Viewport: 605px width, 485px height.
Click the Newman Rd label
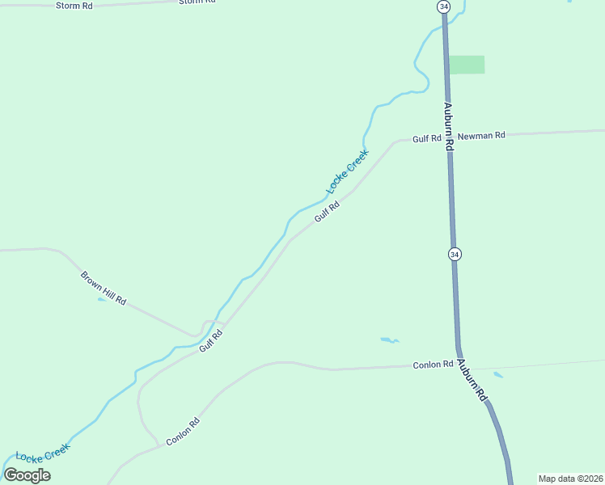[480, 136]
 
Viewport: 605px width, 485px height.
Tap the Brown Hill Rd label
[104, 288]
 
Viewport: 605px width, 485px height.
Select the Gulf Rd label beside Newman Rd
[426, 139]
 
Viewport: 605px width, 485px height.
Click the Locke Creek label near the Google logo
[43, 451]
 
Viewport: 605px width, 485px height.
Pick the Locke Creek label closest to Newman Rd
[347, 171]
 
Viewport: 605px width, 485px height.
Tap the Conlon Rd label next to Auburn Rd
[432, 365]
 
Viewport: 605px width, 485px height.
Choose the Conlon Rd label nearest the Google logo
[183, 432]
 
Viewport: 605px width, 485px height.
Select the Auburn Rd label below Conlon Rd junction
[472, 381]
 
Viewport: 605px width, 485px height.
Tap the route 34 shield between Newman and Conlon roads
[455, 254]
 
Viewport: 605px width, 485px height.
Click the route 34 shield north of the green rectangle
[442, 6]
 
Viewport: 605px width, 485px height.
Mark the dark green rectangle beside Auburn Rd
[467, 65]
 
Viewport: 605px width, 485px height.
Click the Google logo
[27, 475]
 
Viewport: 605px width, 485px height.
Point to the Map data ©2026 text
[570, 479]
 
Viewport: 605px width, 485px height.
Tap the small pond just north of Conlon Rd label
[389, 339]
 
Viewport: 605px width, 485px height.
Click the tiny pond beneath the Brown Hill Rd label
[100, 300]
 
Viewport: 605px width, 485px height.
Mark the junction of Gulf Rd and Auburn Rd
[448, 137]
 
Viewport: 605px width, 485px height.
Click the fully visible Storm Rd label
[74, 6]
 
